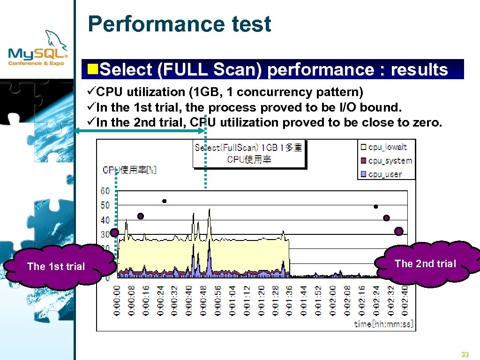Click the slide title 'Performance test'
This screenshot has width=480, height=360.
[180, 24]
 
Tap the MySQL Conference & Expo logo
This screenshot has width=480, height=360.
[38, 50]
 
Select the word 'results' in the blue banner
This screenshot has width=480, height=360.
[419, 70]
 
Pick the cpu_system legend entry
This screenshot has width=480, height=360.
[390, 161]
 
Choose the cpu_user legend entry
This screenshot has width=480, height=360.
[385, 174]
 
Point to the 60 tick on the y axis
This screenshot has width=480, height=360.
[105, 191]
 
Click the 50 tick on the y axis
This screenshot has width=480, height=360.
[105, 205]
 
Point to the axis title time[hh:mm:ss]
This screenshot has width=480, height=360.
[383, 323]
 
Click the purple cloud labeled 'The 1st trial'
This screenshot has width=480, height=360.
[56, 266]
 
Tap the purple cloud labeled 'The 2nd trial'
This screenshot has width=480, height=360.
[425, 263]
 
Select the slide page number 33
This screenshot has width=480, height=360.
[465, 355]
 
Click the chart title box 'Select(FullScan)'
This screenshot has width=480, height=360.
[248, 153]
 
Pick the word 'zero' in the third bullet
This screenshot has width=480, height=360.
[427, 123]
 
